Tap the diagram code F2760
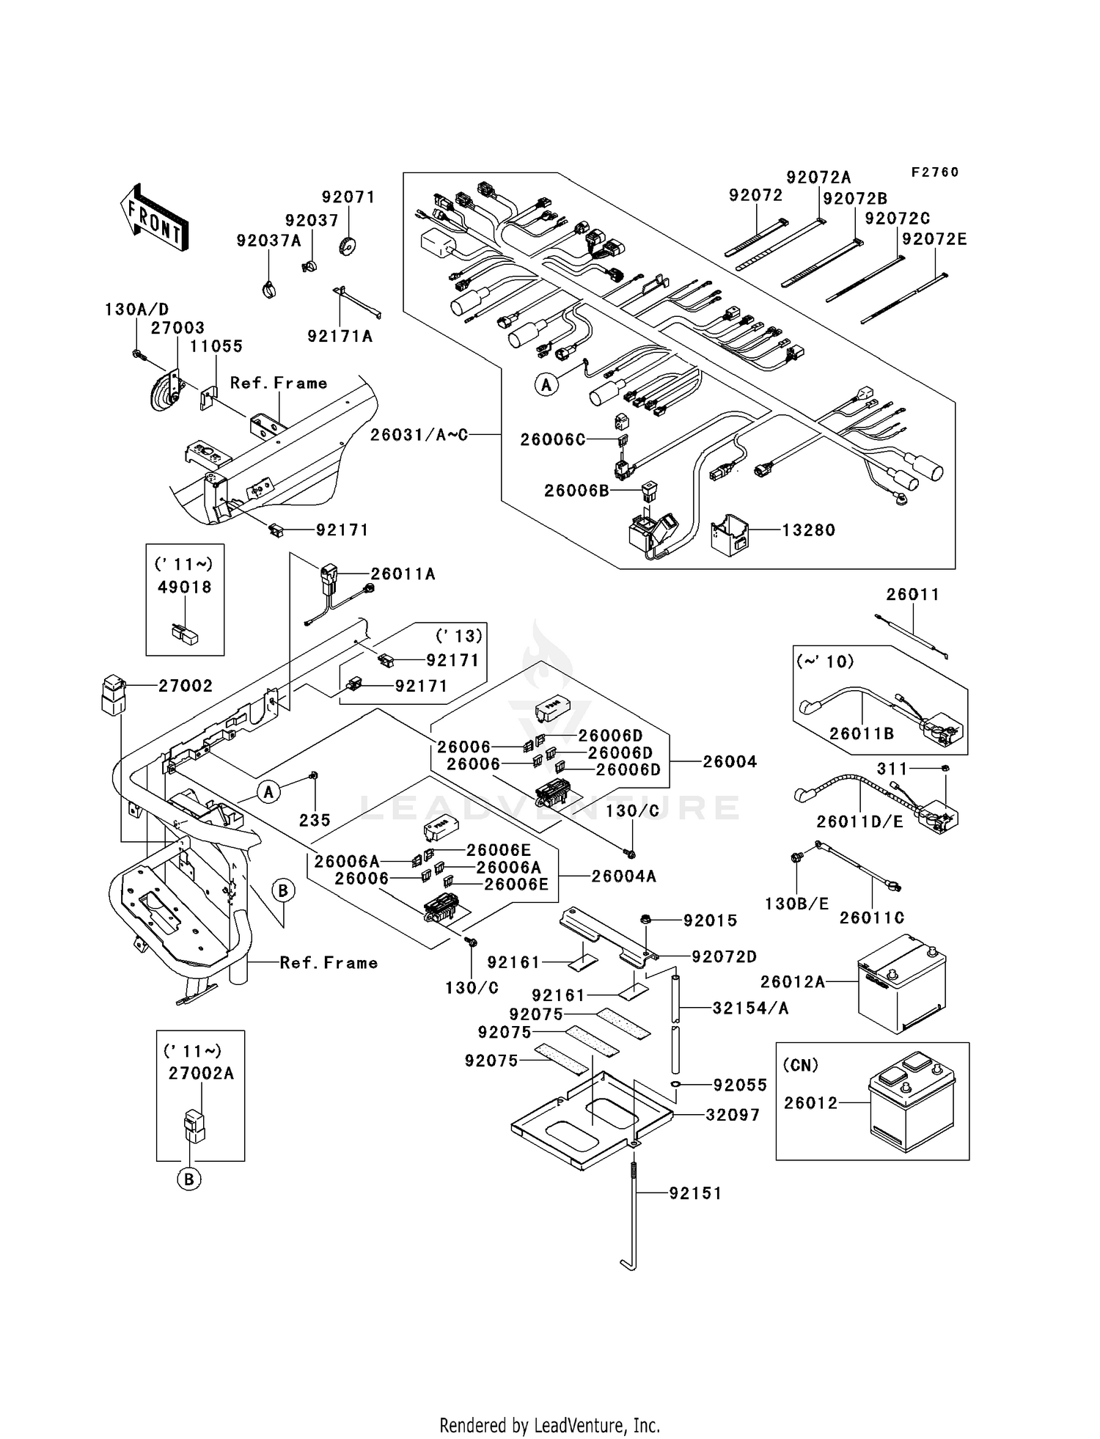pyautogui.click(x=934, y=172)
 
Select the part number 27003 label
pyautogui.click(x=177, y=328)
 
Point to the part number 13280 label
pyautogui.click(x=808, y=530)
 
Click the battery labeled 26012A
pyautogui.click(x=902, y=983)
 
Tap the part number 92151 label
pyautogui.click(x=695, y=1193)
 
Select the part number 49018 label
pyautogui.click(x=185, y=587)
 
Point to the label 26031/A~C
pyautogui.click(x=418, y=435)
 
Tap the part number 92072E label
pyautogui.click(x=934, y=239)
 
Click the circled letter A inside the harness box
pyautogui.click(x=546, y=384)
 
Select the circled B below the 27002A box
pyautogui.click(x=189, y=1179)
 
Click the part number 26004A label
pyautogui.click(x=623, y=876)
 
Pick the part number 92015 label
pyautogui.click(x=710, y=920)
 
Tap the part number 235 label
pyautogui.click(x=315, y=820)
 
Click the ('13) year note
pyautogui.click(x=459, y=636)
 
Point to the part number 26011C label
pyautogui.click(x=871, y=918)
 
